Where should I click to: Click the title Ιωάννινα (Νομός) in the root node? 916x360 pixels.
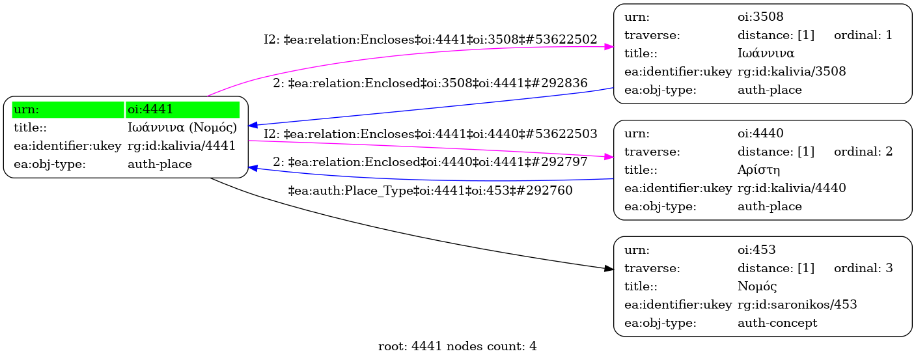(x=182, y=128)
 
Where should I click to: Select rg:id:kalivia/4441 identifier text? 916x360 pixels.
(x=182, y=146)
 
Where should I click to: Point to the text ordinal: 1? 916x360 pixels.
(x=863, y=35)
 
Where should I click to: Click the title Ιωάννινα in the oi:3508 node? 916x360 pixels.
(x=766, y=53)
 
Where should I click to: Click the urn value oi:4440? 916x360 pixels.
(x=760, y=133)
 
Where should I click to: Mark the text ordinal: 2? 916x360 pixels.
(x=863, y=152)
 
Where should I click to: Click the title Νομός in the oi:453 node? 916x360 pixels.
(x=757, y=286)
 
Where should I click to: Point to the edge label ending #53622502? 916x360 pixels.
(x=430, y=40)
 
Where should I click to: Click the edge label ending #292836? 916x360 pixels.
(x=430, y=83)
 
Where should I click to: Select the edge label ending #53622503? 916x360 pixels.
(x=430, y=134)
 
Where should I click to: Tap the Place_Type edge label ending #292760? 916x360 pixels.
(x=430, y=191)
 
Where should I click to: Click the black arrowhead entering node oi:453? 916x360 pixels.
(x=609, y=268)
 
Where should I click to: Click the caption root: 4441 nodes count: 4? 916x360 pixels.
(x=457, y=346)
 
